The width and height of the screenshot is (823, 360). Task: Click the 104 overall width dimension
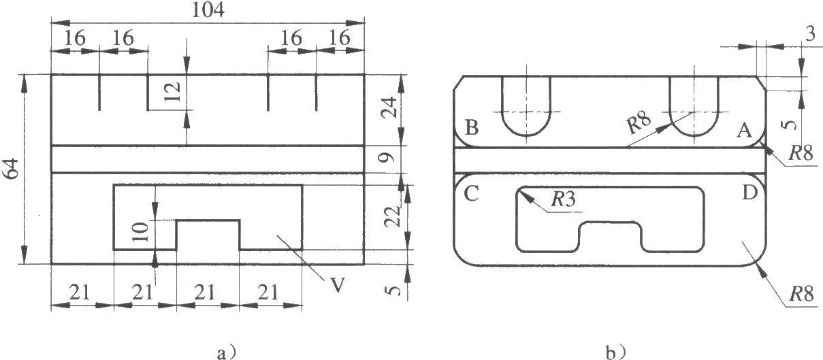(x=208, y=10)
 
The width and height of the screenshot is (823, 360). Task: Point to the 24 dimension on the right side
(x=388, y=107)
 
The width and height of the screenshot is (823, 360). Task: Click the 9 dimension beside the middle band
(x=387, y=158)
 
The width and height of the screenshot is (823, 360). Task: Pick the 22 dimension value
(x=391, y=216)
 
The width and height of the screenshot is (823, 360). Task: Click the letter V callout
(x=338, y=285)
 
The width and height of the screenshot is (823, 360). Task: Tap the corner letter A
(x=744, y=131)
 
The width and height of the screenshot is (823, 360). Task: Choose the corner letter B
(x=472, y=128)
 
